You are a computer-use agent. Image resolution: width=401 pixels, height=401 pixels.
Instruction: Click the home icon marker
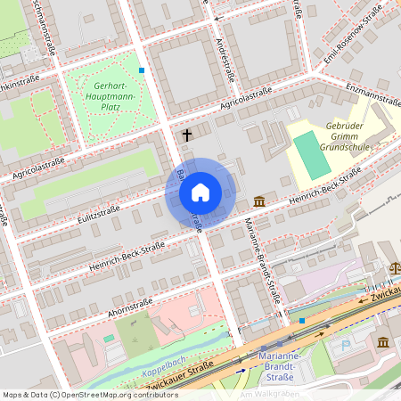pos(200,192)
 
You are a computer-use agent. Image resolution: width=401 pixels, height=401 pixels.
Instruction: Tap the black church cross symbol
pos(187,135)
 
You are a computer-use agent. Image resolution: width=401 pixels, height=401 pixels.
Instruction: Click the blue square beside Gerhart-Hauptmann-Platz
pos(142,69)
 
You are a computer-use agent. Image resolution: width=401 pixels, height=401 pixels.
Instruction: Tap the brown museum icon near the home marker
pos(258,200)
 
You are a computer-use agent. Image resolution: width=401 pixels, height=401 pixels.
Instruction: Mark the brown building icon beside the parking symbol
pos(382,343)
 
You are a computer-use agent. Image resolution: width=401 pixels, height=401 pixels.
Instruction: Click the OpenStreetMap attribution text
pos(90,395)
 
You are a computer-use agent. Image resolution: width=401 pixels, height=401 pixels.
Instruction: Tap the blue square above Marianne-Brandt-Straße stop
pos(302,320)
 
